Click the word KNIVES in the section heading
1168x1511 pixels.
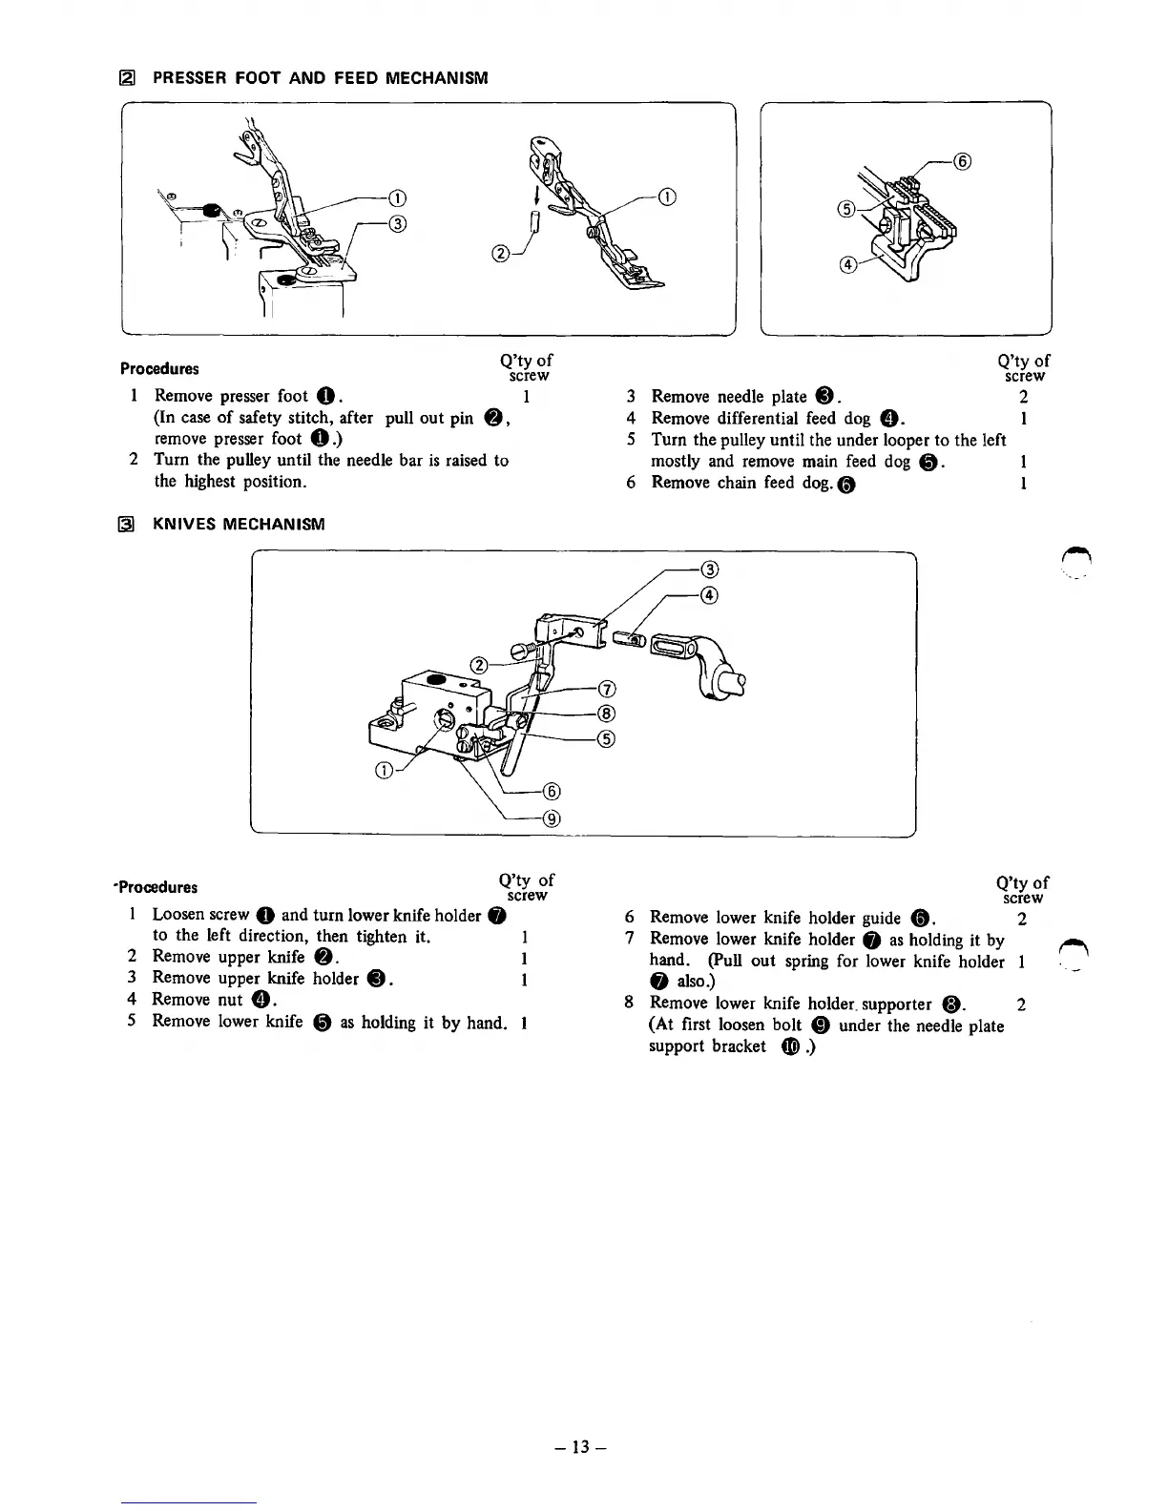click(184, 524)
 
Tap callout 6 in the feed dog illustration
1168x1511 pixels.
click(963, 162)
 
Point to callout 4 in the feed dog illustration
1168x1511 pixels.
click(845, 266)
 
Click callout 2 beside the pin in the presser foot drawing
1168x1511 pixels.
click(499, 254)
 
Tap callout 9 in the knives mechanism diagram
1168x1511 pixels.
click(551, 818)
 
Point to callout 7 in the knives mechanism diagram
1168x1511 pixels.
click(606, 690)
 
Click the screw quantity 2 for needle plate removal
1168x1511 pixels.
click(1023, 396)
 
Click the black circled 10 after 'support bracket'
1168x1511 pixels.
click(789, 1046)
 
